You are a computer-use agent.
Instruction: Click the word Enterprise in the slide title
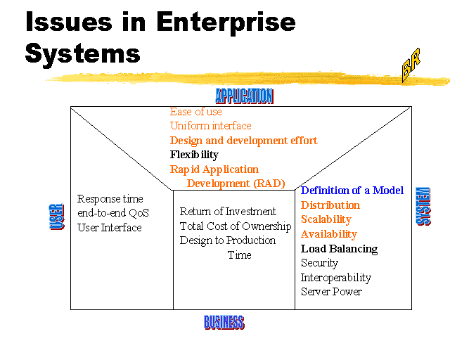[x=225, y=22]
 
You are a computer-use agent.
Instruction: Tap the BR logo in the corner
[x=411, y=68]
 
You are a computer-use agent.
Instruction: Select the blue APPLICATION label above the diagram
[x=244, y=96]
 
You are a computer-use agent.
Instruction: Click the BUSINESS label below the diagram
[x=224, y=323]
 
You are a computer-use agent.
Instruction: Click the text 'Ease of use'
[x=195, y=112]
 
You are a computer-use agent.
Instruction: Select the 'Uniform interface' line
[x=210, y=126]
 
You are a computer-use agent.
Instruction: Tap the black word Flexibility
[x=194, y=155]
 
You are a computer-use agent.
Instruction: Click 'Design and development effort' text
[x=243, y=141]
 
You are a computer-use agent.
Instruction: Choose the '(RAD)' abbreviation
[x=269, y=184]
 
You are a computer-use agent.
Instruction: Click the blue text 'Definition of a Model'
[x=352, y=191]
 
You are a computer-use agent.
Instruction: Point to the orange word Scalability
[x=326, y=219]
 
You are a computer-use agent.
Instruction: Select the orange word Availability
[x=328, y=234]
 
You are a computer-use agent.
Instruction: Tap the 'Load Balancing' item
[x=339, y=248]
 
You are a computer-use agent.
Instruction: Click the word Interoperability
[x=335, y=277]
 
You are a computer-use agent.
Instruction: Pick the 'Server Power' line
[x=331, y=291]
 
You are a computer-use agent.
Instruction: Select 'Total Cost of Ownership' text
[x=235, y=226]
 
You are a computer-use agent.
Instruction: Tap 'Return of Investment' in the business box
[x=228, y=212]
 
